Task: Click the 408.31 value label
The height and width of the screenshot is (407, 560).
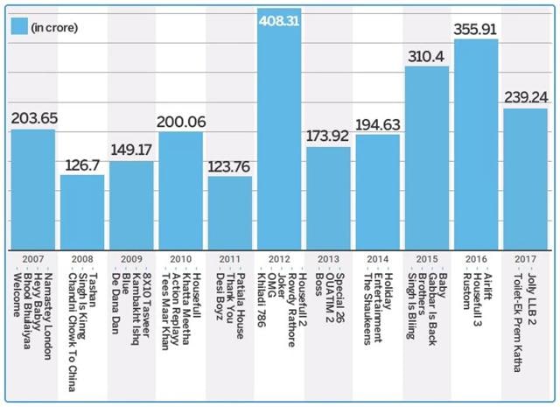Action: tap(279, 16)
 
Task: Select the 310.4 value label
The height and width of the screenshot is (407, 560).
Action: tap(427, 56)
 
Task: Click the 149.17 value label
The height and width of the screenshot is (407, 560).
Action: tap(131, 151)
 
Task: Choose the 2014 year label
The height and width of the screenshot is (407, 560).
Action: tap(377, 260)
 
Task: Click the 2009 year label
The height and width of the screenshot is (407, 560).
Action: tap(131, 260)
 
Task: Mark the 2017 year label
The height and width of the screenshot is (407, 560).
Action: tap(525, 260)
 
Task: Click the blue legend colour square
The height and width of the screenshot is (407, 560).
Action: tap(19, 26)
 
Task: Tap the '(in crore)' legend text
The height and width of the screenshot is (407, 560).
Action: tap(55, 27)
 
